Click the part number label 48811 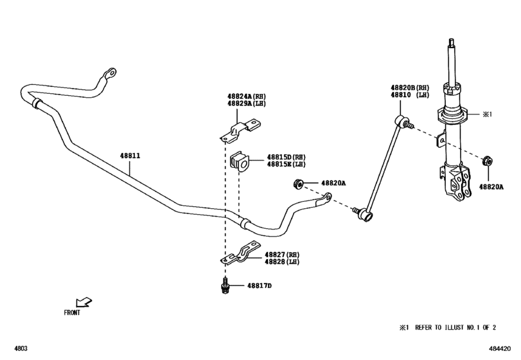coord(130,156)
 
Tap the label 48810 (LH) coord(410,95)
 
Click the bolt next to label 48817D coord(225,287)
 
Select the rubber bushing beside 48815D coord(238,163)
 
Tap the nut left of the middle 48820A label coord(297,184)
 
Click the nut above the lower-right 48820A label coord(486,161)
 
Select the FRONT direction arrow coord(83,301)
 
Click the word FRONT coord(72,313)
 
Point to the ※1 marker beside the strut coord(486,114)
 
